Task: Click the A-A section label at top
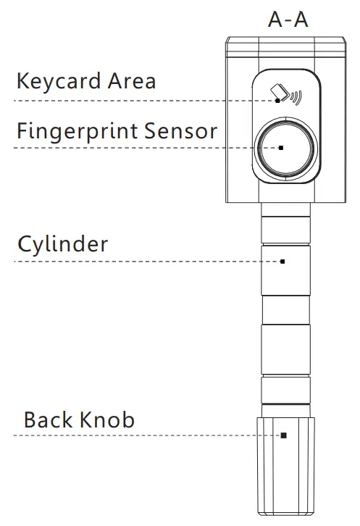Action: pyautogui.click(x=288, y=20)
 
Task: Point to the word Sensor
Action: pyautogui.click(x=181, y=131)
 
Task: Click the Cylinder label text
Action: pyautogui.click(x=62, y=244)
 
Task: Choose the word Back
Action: pyautogui.click(x=49, y=419)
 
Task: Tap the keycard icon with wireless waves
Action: pyautogui.click(x=282, y=93)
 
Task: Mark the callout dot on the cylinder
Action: pyautogui.click(x=282, y=261)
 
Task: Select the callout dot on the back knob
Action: pyautogui.click(x=283, y=435)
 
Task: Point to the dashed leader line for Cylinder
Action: pyautogui.click(x=145, y=261)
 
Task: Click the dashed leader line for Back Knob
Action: pyautogui.click(x=145, y=435)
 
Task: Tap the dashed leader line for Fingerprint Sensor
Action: pyautogui.click(x=145, y=147)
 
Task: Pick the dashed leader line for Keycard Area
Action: pyautogui.click(x=145, y=101)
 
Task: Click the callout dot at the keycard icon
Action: pyautogui.click(x=278, y=101)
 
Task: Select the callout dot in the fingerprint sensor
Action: pyautogui.click(x=281, y=147)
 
